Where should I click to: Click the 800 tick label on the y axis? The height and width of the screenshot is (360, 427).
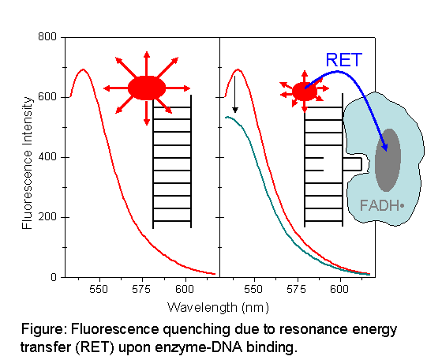47,36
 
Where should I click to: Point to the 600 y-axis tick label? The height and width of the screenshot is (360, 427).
47,96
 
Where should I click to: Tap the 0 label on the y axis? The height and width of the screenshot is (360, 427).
54,277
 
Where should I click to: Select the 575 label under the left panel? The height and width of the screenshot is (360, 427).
141,289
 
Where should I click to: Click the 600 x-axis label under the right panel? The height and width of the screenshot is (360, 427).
339,289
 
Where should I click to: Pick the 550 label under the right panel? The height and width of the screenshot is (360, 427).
253,289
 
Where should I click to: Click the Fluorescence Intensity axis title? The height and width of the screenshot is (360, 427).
28,163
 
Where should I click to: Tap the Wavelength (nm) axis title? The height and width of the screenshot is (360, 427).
218,308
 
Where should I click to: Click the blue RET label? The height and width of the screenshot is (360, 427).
344,60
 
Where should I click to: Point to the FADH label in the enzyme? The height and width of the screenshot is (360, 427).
382,205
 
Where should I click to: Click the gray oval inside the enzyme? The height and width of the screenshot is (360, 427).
388,160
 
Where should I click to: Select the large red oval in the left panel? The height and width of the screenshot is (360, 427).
147,88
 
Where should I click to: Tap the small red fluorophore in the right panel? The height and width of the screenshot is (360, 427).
305,92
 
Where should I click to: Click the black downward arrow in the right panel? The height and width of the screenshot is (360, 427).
235,94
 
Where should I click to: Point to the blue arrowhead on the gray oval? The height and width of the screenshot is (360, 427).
384,147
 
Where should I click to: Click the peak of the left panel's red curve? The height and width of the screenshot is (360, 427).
83,69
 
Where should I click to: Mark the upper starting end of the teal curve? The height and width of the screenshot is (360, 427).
226,118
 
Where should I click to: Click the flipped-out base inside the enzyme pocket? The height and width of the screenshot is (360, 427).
352,164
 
